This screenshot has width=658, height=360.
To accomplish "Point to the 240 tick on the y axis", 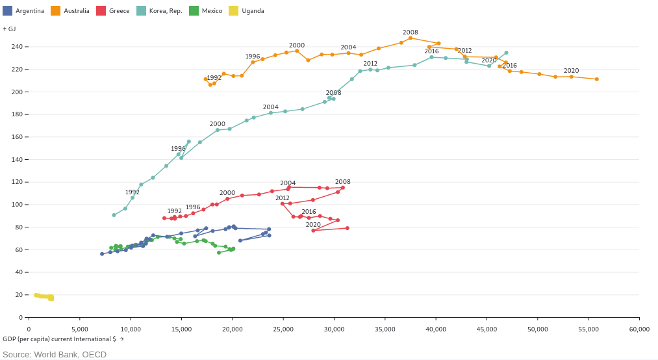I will click(x=17, y=47).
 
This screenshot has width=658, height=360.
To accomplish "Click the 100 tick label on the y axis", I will click(x=17, y=205).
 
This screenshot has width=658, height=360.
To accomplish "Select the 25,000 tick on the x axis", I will click(x=283, y=329).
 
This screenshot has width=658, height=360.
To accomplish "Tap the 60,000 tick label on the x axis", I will click(x=639, y=329).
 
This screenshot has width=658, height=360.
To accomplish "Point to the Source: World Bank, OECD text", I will click(x=55, y=354).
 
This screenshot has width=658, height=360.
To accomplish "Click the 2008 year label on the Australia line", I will click(x=410, y=32).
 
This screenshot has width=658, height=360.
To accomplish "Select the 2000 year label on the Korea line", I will click(x=217, y=124).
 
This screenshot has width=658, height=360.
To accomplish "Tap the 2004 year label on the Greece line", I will click(x=288, y=183).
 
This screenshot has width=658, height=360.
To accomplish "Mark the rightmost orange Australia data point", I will click(x=596, y=79).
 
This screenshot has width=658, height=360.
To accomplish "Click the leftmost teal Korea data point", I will click(x=114, y=215).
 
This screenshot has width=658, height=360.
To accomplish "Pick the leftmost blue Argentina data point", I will click(x=102, y=254).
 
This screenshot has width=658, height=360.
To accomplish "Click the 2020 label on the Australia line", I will click(x=571, y=71).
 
